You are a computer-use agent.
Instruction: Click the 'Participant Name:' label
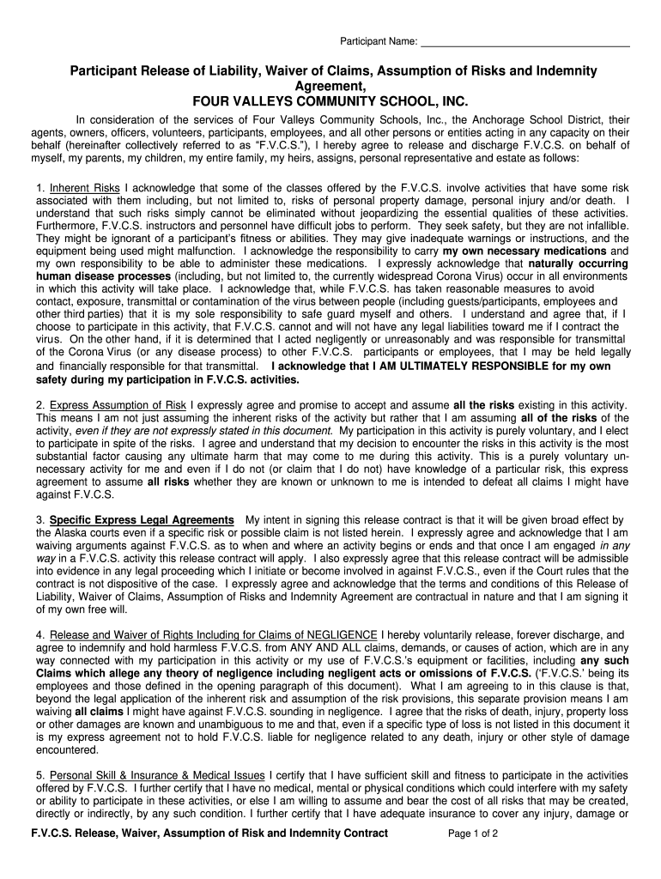point(379,41)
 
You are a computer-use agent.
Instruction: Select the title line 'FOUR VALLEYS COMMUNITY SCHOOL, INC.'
point(330,101)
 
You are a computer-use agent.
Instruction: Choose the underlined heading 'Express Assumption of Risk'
point(118,405)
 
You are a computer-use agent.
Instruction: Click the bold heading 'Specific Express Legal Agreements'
point(142,521)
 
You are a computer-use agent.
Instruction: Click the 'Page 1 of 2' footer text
point(474,834)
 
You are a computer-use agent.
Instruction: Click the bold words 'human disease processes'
point(103,276)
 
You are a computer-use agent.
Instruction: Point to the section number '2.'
point(40,405)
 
